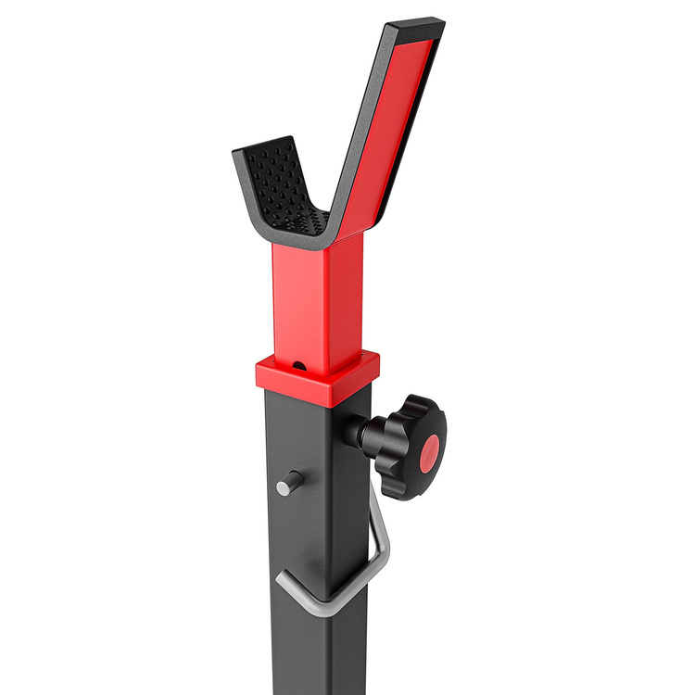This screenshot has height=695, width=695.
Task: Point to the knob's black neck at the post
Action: (x=358, y=431)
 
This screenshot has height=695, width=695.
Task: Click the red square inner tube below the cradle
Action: (x=315, y=297)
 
